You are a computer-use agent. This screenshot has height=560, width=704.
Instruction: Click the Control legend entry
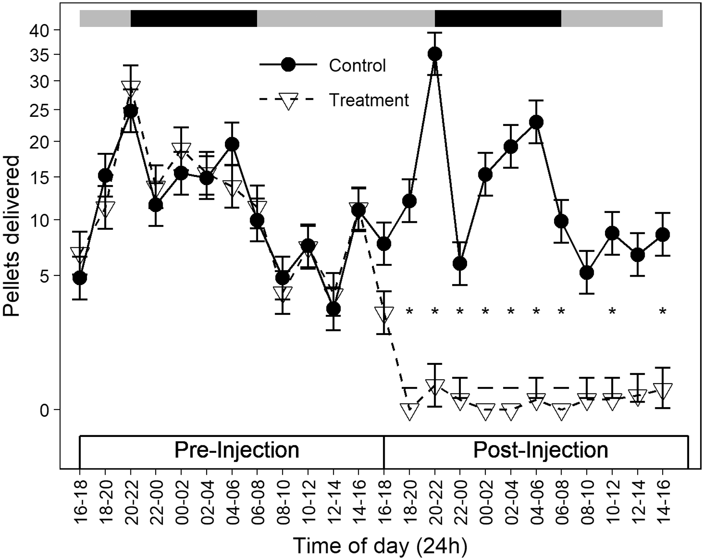click(x=323, y=65)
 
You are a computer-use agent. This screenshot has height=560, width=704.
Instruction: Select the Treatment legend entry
click(x=334, y=100)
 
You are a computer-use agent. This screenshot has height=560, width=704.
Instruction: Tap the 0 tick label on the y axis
click(x=44, y=410)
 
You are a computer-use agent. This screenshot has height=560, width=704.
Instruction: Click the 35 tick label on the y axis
click(x=40, y=55)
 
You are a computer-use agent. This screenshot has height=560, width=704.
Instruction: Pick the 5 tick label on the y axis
click(x=44, y=275)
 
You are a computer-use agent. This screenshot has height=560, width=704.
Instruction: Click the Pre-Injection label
click(x=236, y=450)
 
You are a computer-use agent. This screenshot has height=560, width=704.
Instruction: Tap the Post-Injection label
click(x=540, y=450)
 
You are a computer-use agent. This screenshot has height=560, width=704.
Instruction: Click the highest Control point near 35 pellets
click(x=435, y=54)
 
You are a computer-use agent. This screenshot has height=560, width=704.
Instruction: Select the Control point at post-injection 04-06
click(x=536, y=122)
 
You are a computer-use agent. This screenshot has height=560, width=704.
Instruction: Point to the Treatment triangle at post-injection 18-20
click(x=410, y=411)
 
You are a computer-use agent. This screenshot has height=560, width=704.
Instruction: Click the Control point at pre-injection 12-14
click(x=333, y=309)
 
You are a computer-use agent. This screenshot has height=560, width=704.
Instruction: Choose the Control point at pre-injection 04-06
click(x=232, y=144)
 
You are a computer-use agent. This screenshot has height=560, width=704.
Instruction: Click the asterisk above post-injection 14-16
click(x=663, y=311)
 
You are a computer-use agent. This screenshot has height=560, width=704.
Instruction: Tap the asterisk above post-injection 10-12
click(x=612, y=311)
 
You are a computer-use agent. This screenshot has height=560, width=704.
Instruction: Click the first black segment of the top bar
click(x=194, y=19)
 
